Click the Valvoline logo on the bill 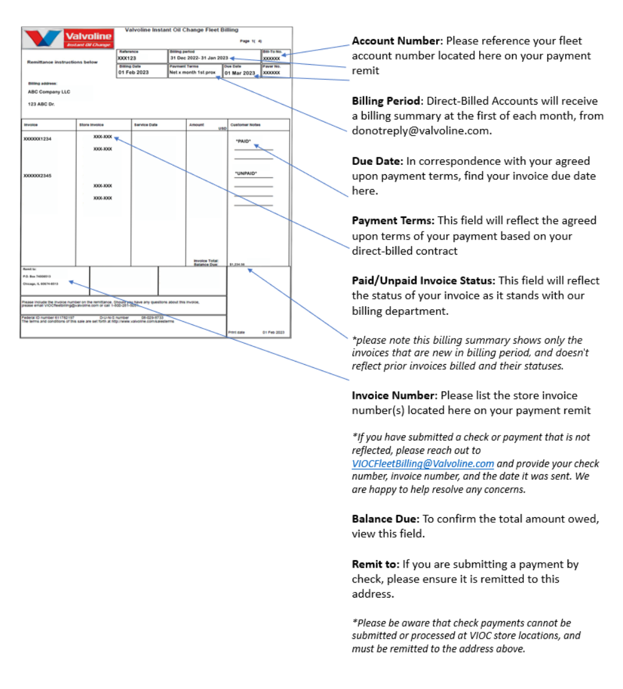68,38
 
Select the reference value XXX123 127,58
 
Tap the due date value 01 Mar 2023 240,73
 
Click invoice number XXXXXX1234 37,139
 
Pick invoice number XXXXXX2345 37,176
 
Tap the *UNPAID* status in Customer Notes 245,174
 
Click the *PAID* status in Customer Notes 243,141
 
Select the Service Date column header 146,125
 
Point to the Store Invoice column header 92,125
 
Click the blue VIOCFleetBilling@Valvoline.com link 423,464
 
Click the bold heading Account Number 396,41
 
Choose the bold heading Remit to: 375,565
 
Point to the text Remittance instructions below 62,62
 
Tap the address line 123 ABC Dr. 41,104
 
